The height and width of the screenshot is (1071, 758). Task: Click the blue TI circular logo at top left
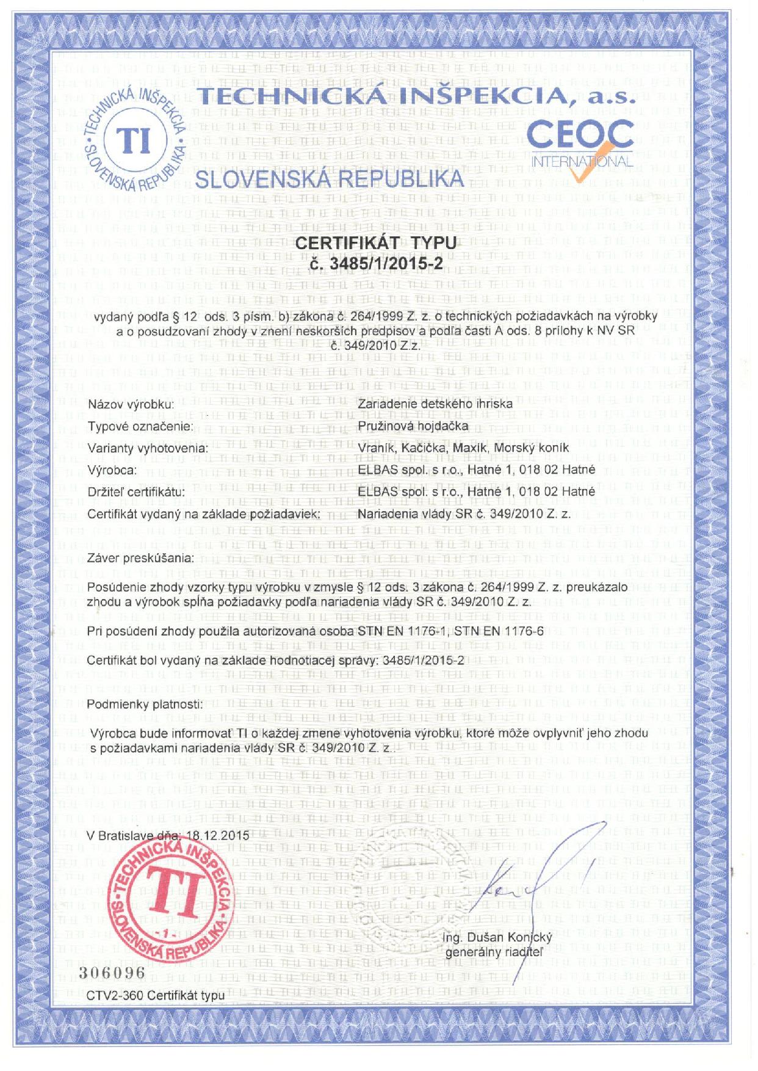135,141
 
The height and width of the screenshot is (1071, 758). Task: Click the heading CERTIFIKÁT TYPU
375,242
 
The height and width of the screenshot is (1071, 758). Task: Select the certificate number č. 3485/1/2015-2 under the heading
376,264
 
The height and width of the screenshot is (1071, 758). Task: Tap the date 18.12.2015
218,835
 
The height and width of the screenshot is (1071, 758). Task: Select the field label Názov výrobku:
131,404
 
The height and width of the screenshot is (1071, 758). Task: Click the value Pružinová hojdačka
413,426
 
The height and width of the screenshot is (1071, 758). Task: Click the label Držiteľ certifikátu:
136,492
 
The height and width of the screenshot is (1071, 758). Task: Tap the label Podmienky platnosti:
144,704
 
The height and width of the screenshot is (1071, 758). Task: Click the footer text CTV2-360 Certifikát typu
156,995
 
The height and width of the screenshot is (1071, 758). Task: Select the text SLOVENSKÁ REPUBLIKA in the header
329,179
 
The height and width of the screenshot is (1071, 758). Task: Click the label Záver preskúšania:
141,557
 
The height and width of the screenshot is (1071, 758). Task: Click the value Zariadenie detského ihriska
435,404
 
